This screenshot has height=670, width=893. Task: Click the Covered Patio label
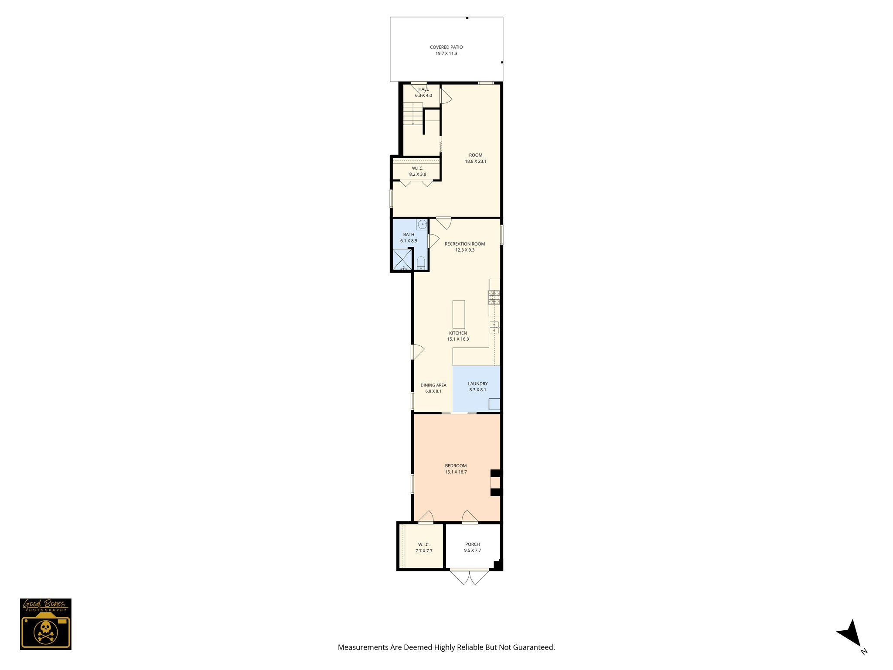[446, 47]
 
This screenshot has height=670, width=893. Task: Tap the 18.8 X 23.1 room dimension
[475, 161]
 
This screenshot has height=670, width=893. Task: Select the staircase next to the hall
[412, 114]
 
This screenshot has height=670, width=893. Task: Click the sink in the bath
[422, 225]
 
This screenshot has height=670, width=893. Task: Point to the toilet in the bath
[421, 263]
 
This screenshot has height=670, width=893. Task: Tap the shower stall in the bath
[402, 259]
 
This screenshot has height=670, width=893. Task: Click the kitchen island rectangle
[458, 314]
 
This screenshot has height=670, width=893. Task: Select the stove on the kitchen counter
[494, 297]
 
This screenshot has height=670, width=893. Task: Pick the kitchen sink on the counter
[494, 327]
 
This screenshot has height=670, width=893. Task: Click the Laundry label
[477, 384]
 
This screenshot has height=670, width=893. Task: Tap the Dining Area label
[433, 385]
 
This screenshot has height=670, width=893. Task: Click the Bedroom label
[456, 466]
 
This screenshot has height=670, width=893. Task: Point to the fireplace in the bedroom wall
[496, 483]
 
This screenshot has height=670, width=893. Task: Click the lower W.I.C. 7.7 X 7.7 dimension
[424, 551]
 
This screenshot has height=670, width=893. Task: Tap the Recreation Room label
[464, 244]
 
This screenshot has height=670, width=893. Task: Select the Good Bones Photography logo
[45, 624]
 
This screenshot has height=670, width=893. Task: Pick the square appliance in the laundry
[494, 404]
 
